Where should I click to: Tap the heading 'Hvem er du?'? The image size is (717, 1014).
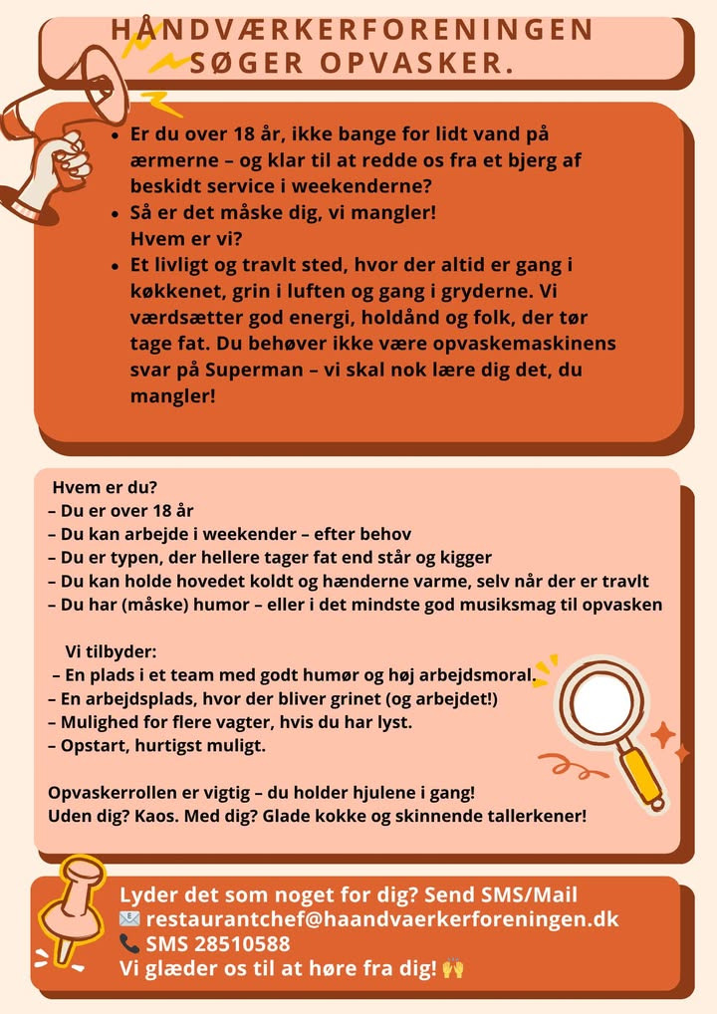click(x=111, y=488)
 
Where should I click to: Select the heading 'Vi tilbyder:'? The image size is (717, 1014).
click(x=111, y=651)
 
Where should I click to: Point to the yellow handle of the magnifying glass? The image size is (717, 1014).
click(x=644, y=777)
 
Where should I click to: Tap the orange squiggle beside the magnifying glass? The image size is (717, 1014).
click(x=567, y=767)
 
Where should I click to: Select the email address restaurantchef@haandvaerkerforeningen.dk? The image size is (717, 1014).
click(x=382, y=918)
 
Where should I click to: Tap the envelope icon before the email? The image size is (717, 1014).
click(x=129, y=918)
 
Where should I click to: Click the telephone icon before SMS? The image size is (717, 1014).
click(x=129, y=943)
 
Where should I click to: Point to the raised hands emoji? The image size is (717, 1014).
click(x=453, y=967)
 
